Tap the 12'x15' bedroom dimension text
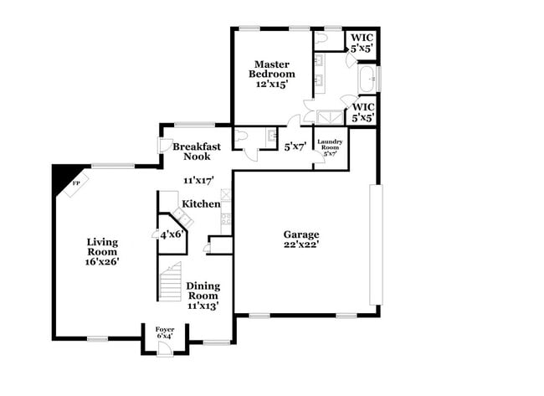tap(272, 85)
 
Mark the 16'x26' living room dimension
tap(102, 261)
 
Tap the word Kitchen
tap(202, 203)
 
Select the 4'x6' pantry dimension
tap(171, 234)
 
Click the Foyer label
tap(165, 330)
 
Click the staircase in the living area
tap(170, 282)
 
